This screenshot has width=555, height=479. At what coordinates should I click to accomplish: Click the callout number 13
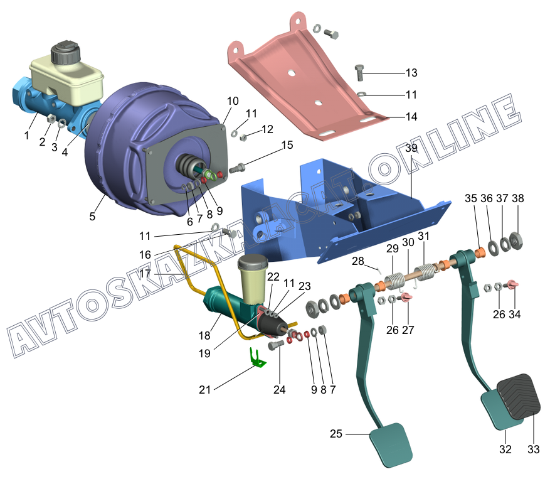pos(411,73)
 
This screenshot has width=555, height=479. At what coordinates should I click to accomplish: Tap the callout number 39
pos(411,148)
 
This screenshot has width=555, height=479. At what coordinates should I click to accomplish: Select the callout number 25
pos(336,434)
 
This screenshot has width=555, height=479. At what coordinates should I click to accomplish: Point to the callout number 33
pos(534,449)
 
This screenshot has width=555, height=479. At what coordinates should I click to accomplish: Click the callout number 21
pos(204,390)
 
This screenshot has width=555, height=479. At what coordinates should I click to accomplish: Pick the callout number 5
pos(92,216)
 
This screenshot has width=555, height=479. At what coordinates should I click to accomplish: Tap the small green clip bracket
pos(257,358)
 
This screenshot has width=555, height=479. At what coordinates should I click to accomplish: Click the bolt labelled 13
pos(359,72)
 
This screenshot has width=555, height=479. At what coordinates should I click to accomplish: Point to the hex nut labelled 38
pos(517,241)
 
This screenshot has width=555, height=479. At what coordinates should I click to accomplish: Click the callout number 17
pos(145,274)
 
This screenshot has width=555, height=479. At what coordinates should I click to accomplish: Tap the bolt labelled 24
pos(276,345)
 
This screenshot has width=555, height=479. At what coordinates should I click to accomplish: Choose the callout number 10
pos(233,101)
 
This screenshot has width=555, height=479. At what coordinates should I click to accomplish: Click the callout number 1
pos(26,135)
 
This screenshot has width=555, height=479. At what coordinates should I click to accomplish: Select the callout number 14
pos(411,117)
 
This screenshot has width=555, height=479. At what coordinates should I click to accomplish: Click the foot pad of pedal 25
pos(391,444)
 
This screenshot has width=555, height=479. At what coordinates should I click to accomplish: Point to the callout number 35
pos(471,198)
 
